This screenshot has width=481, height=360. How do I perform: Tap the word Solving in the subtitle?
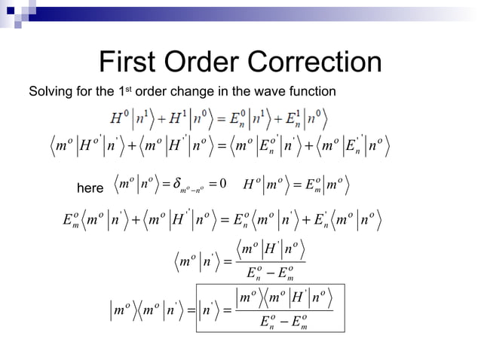coord(47,92)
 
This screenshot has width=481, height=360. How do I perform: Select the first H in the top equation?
coord(117,118)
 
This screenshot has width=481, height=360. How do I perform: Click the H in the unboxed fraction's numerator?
coord(273,247)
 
